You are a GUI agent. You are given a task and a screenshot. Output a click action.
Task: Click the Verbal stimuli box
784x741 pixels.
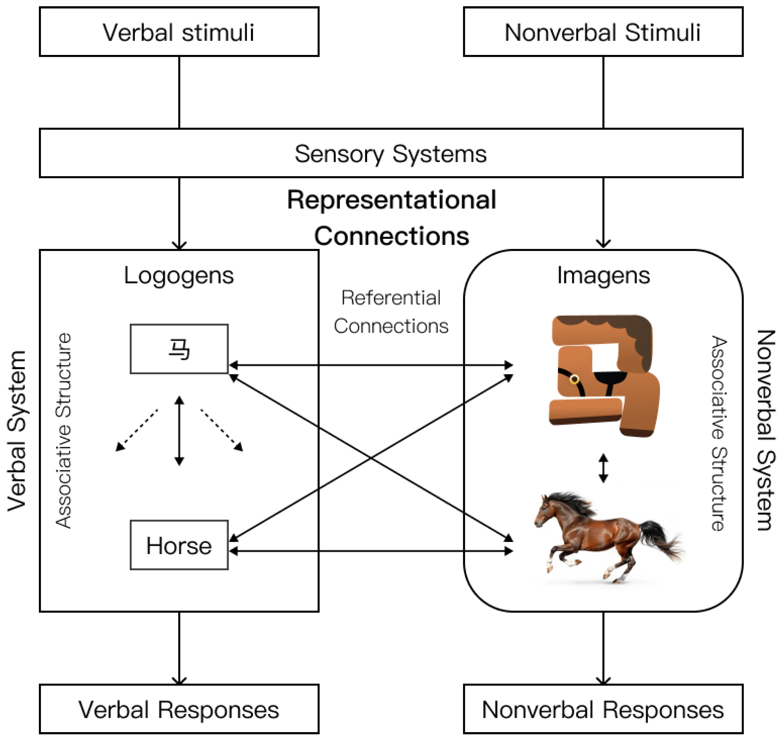[179, 32]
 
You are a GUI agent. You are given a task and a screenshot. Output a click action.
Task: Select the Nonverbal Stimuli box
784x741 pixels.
[603, 32]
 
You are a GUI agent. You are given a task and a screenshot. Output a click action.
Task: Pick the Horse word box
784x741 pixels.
[179, 545]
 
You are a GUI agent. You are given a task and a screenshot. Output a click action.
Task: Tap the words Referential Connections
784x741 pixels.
[391, 312]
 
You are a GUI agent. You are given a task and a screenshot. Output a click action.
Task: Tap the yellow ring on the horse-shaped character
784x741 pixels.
[574, 380]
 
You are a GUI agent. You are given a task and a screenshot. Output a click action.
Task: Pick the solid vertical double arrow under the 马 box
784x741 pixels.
[179, 431]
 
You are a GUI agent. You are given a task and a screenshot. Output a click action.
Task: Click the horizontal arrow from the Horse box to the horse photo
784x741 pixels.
[371, 551]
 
